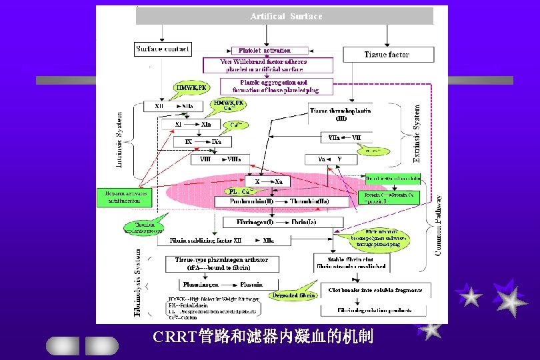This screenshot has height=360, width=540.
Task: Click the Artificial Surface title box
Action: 285,16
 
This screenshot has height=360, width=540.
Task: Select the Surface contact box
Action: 163,49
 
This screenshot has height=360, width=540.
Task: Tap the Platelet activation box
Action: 265,50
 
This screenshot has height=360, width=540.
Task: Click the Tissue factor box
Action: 387,54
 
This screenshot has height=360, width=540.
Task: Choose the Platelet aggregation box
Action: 275,86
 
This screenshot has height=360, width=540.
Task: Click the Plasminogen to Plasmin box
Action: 222,283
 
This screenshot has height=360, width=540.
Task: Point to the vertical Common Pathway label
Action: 439,225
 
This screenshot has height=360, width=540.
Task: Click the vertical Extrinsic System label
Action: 417,133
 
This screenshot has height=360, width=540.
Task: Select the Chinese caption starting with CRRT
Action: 262,336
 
